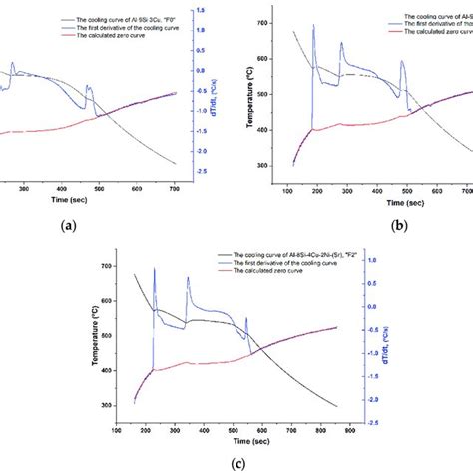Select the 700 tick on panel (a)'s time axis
click(x=172, y=189)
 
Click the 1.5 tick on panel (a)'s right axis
click(x=202, y=10)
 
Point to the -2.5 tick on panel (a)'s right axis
click(x=202, y=172)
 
